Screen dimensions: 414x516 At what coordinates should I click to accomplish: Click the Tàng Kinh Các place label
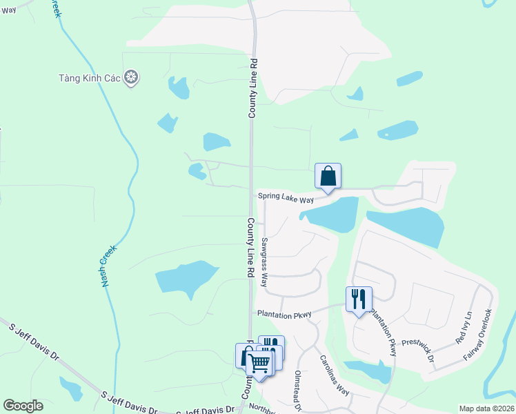tap(90, 79)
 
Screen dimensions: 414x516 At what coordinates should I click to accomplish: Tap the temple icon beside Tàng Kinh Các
tap(132, 78)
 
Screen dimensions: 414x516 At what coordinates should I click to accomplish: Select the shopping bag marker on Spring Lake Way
tap(328, 176)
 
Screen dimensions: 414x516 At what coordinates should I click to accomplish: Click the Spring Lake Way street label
tap(286, 198)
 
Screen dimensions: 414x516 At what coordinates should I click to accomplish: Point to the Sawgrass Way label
tap(264, 262)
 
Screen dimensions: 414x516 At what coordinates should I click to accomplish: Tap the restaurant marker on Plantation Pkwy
tap(359, 299)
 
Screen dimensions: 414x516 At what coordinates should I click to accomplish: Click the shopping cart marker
tap(259, 362)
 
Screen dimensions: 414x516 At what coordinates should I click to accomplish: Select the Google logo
tap(23, 406)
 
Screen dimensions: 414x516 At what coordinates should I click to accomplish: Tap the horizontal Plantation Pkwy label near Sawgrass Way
tap(284, 314)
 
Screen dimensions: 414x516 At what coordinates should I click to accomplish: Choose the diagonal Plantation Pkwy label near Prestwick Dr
tap(384, 333)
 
